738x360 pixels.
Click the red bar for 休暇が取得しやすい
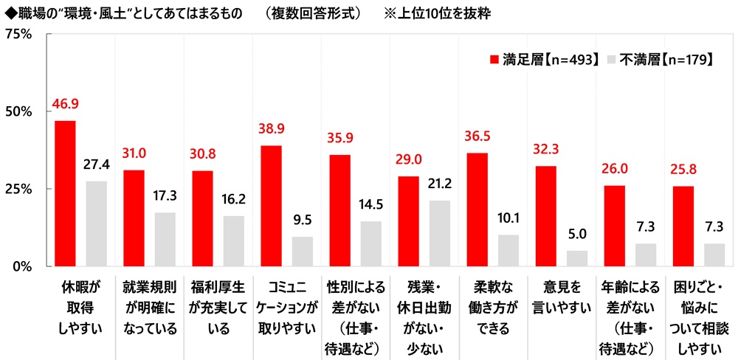point(66,193)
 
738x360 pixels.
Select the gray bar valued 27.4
point(97,224)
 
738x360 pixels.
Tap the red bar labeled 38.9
point(271,206)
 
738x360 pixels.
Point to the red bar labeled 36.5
point(477,210)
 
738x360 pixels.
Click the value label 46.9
point(64,105)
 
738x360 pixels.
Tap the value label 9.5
point(303,221)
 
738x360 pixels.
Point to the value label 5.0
point(577,235)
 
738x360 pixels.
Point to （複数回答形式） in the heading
point(317,13)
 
